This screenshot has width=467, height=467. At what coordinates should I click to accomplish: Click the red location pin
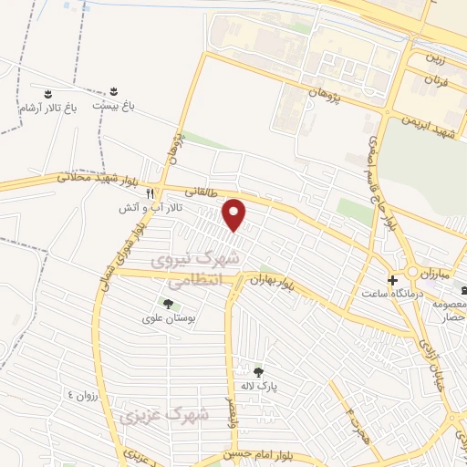point(235,214)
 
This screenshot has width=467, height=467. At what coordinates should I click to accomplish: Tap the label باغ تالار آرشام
point(48,108)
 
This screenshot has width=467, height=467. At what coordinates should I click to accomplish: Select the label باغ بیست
point(117,106)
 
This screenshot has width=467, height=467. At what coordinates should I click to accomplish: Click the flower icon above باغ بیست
point(114,91)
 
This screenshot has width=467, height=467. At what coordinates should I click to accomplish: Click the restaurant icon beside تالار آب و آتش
point(150,194)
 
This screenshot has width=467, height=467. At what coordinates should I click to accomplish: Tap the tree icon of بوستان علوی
point(167,304)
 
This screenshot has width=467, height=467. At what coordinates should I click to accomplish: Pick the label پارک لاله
point(259,389)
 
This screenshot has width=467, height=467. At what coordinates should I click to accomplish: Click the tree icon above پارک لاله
point(259,372)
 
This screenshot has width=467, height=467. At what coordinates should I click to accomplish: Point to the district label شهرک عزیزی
point(164,415)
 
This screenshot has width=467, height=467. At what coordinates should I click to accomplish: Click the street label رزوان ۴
point(81,394)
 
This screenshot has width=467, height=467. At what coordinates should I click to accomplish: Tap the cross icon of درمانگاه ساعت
point(392,279)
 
